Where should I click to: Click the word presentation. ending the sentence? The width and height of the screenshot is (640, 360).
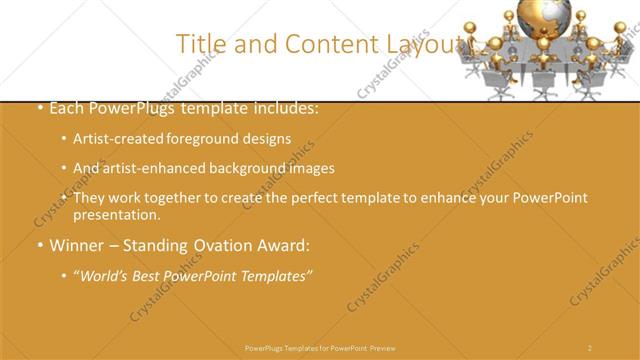click(x=117, y=214)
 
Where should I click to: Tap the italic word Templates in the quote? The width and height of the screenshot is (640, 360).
click(x=274, y=275)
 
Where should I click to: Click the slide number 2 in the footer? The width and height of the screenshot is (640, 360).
click(x=590, y=347)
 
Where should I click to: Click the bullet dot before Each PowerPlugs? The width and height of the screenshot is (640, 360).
click(x=39, y=108)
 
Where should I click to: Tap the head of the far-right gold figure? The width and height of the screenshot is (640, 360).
click(x=619, y=27)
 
